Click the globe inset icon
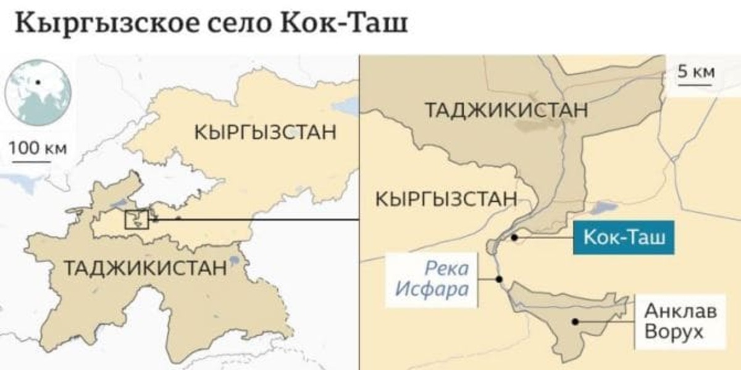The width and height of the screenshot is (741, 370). (x=38, y=92)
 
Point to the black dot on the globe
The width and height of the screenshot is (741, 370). (x=38, y=81)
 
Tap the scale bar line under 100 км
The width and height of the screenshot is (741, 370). (x=31, y=162)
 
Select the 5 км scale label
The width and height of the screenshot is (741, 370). (x=696, y=72)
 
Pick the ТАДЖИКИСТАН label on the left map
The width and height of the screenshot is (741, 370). (x=146, y=268)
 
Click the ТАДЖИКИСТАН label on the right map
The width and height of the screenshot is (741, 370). (x=506, y=110)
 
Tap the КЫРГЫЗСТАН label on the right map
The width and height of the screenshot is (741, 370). (x=446, y=199)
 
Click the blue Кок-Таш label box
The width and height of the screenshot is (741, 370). (x=624, y=237)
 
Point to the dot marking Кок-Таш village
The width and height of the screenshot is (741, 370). (x=514, y=237)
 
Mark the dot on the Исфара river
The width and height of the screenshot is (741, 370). (x=499, y=279)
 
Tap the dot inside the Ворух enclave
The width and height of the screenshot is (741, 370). (x=575, y=321)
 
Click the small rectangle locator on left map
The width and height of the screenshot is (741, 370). (x=136, y=220)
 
